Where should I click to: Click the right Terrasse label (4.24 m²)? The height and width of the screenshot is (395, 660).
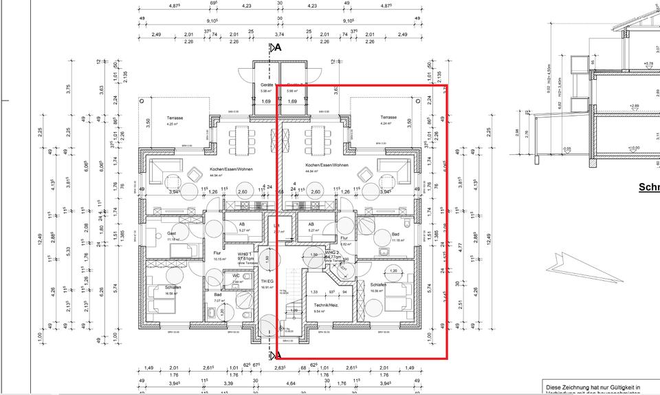(389, 118)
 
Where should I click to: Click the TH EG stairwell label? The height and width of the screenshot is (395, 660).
(267, 281)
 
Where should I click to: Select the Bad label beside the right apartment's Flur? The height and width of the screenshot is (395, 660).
(395, 235)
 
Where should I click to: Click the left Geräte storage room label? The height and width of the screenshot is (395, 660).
(267, 85)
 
